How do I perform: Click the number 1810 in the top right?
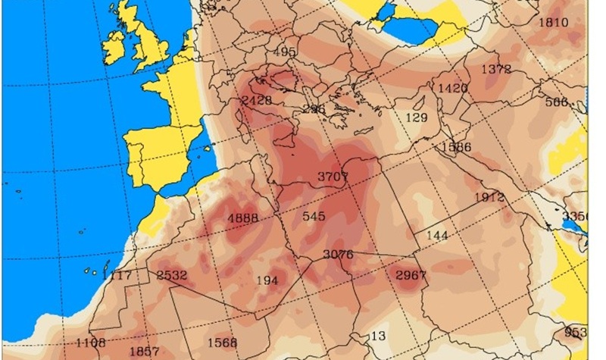pos(552,23)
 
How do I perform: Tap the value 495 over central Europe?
pos(284,52)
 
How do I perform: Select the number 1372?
pos(496,69)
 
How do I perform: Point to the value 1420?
pos(453,89)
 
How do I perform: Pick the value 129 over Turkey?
pos(417,117)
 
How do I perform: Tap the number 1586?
pos(458,146)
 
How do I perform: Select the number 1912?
pos(489,198)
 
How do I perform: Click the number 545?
pos(314,216)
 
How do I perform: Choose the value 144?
pos(437,235)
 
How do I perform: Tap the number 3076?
pos(338,254)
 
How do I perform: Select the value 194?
pos(267,280)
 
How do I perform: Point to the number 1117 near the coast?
pos(117,274)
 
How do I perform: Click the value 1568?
pos(222,342)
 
